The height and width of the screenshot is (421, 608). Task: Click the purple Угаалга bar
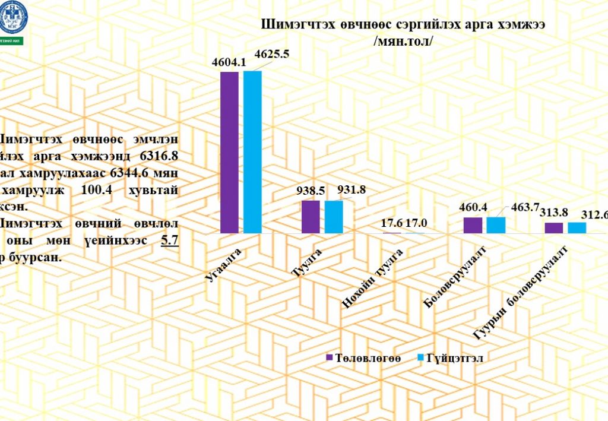(229, 153)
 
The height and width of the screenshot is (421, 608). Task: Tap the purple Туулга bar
(311, 217)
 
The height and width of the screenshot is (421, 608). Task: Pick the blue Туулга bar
(334, 217)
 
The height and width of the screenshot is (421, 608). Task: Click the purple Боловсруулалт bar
(473, 226)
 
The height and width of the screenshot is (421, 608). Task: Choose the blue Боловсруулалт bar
(495, 225)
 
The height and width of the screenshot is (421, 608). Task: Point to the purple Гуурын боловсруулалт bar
(553, 228)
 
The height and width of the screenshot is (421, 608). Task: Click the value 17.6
(392, 224)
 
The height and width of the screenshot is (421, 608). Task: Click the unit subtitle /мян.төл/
(401, 42)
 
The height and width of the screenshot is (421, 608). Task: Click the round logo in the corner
(11, 17)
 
